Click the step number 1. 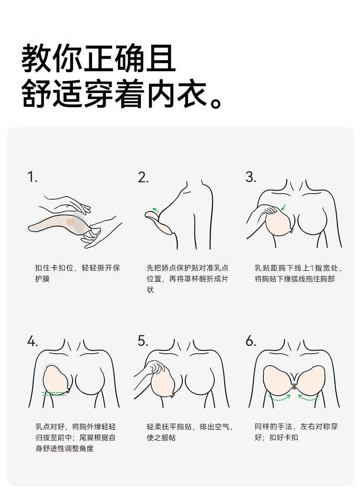(32, 177)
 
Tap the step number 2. (143, 177)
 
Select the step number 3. (251, 177)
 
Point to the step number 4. (32, 341)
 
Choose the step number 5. (143, 341)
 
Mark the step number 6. (251, 341)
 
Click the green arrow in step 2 (155, 210)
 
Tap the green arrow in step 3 (283, 207)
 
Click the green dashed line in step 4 (54, 393)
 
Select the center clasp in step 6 (294, 386)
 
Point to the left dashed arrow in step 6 (279, 398)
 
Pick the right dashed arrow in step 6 (309, 398)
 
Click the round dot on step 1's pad (70, 222)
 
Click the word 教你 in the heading (52, 59)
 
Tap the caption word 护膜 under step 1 (42, 279)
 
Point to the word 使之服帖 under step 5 (161, 437)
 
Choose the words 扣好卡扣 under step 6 (284, 437)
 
